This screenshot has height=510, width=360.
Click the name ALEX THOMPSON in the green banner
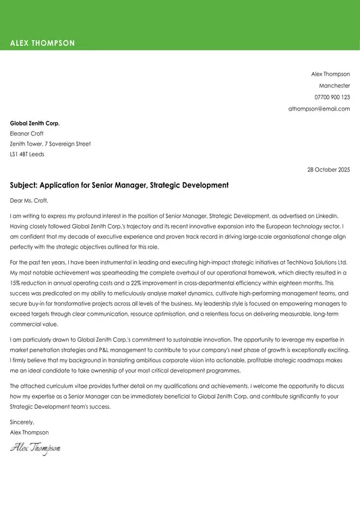[x=42, y=43]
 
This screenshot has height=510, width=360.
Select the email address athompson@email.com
[x=319, y=109]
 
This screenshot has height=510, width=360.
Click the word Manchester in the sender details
[x=334, y=86]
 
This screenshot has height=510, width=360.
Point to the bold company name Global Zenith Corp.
[x=35, y=123]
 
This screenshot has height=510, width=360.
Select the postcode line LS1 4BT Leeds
[x=27, y=154]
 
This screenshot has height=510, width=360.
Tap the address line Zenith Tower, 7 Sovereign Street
[x=50, y=144]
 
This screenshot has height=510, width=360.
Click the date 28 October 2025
[x=328, y=169]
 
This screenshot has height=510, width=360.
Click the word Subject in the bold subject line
[x=24, y=185]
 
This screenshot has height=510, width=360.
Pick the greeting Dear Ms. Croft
[x=29, y=200]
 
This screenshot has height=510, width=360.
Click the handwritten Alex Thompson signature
[x=35, y=447]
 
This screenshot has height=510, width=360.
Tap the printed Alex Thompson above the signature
[x=29, y=432]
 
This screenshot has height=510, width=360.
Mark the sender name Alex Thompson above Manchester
[x=330, y=74]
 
